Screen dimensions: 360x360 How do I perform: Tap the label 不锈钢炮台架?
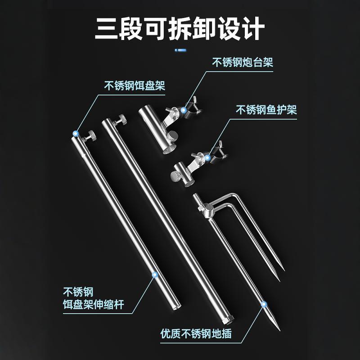pyautogui.click(x=243, y=62)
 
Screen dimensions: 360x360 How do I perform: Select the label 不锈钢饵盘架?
pyautogui.click(x=135, y=86)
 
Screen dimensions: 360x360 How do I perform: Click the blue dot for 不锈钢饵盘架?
pyautogui.click(x=76, y=134)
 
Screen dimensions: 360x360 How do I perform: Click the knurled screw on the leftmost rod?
pyautogui.click(x=91, y=135)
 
